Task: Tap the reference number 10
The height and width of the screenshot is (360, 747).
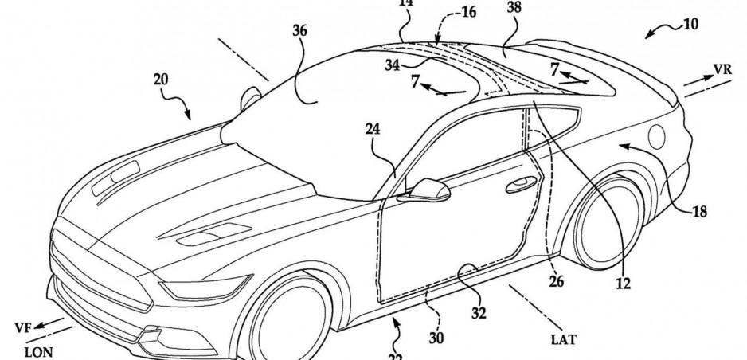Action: [689, 25]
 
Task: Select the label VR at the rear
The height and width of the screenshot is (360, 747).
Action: [722, 69]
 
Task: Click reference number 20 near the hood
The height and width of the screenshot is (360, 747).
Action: [162, 80]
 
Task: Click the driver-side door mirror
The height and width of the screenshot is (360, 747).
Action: [428, 190]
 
